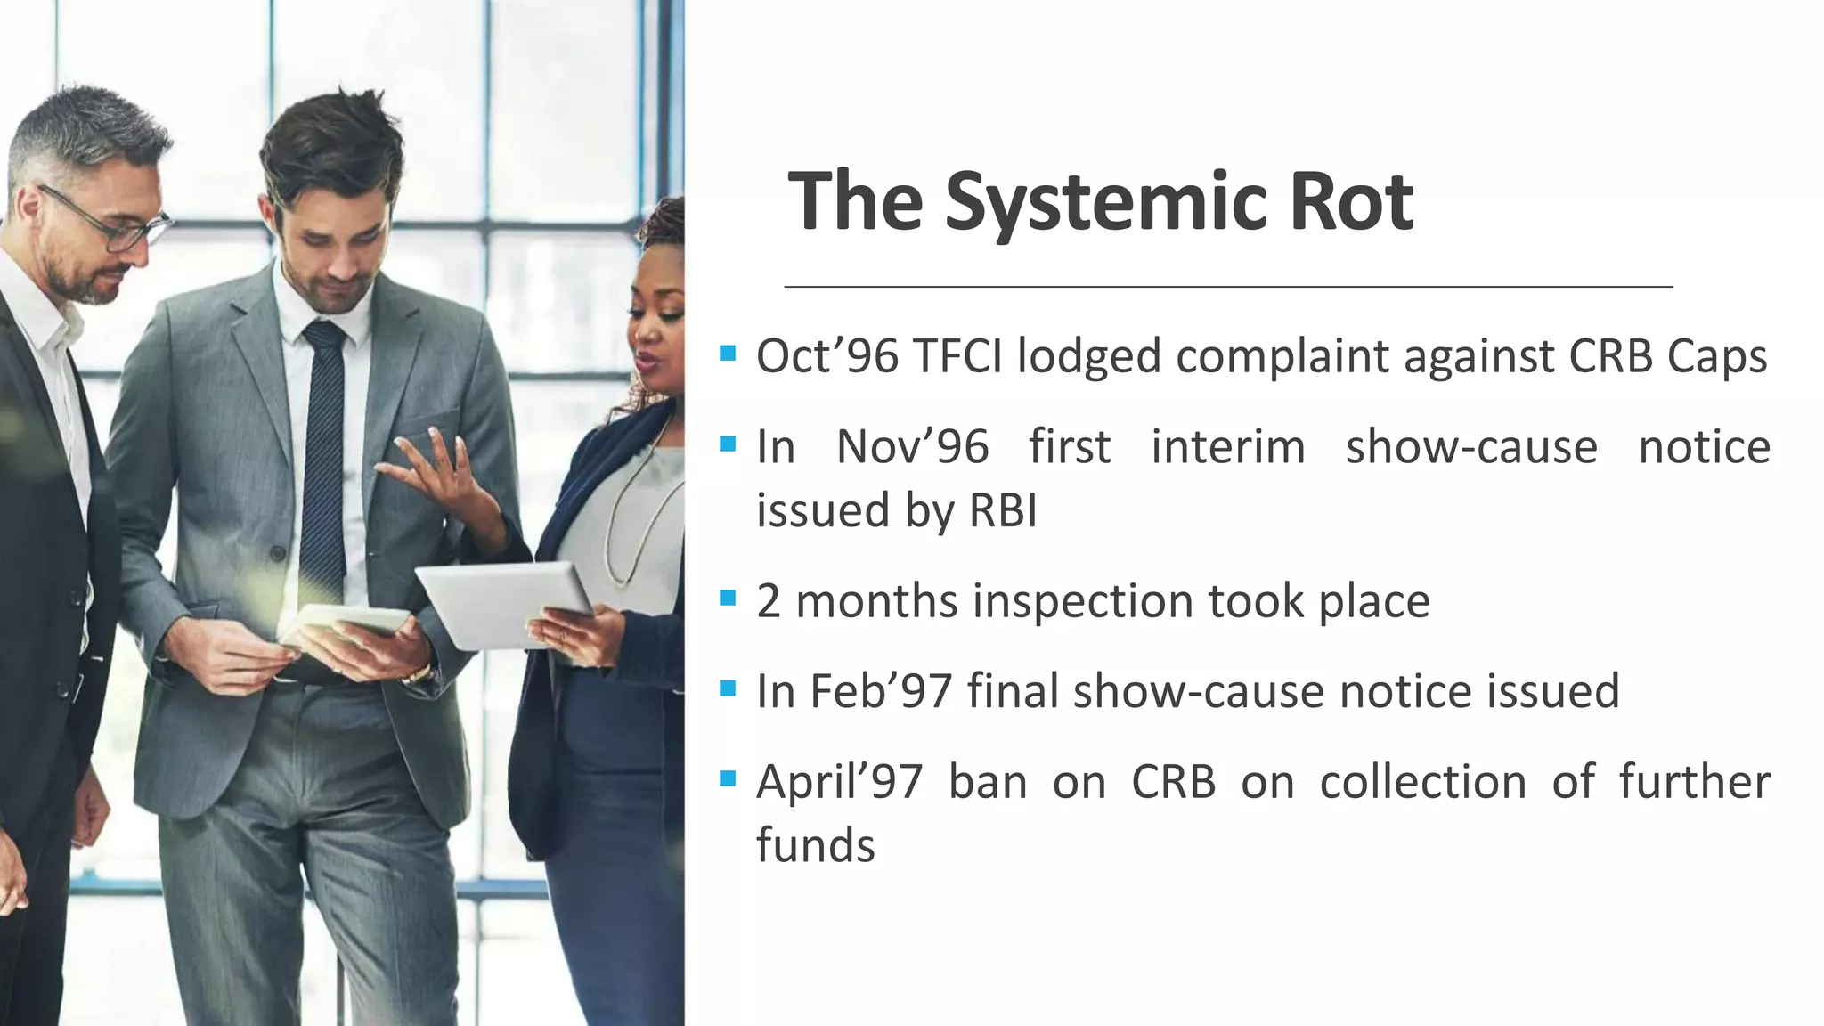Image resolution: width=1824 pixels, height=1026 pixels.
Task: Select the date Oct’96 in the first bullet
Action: point(827,356)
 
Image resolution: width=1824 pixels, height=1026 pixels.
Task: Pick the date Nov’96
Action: point(912,446)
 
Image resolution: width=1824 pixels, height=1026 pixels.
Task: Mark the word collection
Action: point(1423,782)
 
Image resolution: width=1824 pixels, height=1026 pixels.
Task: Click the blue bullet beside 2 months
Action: point(728,597)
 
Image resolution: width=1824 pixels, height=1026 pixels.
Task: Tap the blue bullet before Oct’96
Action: point(728,353)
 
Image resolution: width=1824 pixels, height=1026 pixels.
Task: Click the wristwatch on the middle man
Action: point(415,674)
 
